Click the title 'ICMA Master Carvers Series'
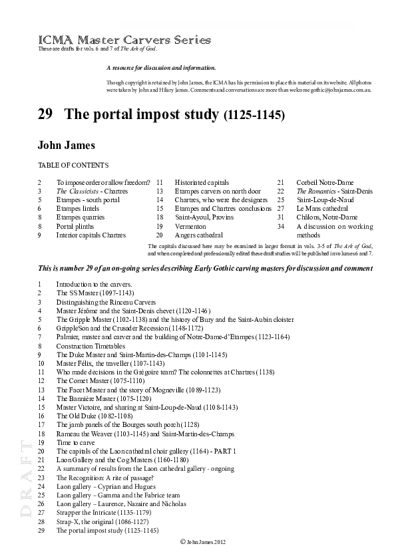point(124,41)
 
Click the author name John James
point(67,145)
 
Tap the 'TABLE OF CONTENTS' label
point(73,165)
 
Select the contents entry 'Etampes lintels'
point(78,208)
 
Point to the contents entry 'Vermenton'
point(191,226)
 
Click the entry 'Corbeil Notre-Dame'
point(325,182)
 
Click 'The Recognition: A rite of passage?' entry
point(105,478)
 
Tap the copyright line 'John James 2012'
point(204,543)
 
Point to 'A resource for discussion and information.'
point(160,69)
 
